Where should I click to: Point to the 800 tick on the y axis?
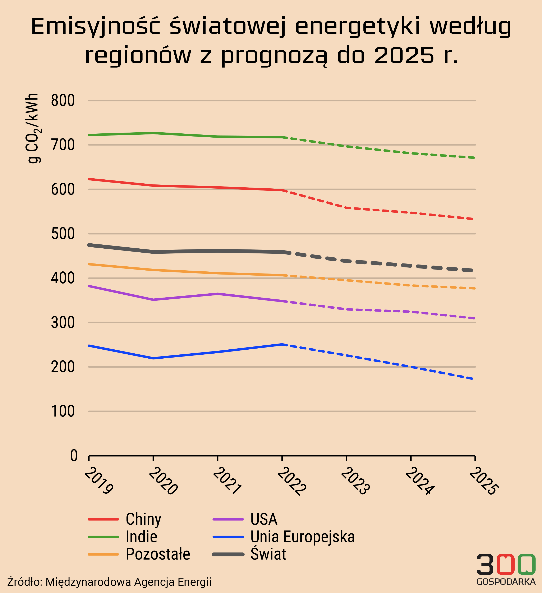pos(63,101)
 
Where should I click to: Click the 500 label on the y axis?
pos(63,234)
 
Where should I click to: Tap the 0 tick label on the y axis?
pos(74,456)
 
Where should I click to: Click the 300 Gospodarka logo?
pos(506,570)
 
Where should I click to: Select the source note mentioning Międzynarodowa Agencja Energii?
pos(109,582)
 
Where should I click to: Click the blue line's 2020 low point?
pos(153,358)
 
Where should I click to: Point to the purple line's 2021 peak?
pos(218,294)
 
